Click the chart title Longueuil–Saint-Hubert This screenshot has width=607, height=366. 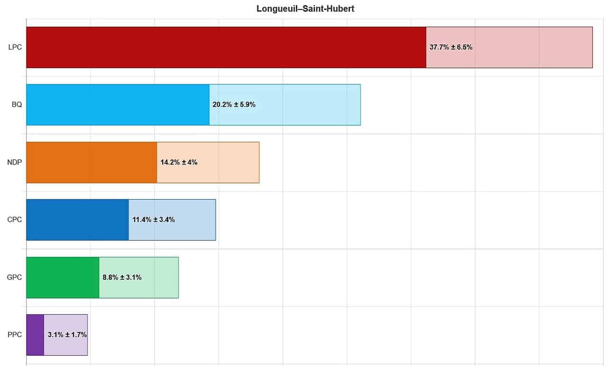click(x=305, y=9)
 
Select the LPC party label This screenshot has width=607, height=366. click(x=15, y=47)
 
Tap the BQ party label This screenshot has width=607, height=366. click(x=17, y=105)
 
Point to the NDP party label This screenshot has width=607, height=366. click(x=15, y=162)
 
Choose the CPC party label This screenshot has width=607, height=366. click(x=15, y=220)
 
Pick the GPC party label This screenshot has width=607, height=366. click(x=15, y=277)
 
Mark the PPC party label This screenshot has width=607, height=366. click(x=15, y=335)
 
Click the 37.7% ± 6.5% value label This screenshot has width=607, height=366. click(x=451, y=47)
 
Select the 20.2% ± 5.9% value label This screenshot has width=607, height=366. click(x=234, y=105)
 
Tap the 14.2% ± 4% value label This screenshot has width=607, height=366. click(x=179, y=162)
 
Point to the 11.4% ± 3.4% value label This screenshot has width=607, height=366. click(x=154, y=220)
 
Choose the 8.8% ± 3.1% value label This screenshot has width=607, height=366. click(x=122, y=277)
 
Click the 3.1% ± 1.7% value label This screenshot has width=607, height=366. click(x=67, y=335)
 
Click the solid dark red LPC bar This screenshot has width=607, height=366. click(x=226, y=47)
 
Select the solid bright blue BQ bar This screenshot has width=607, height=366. click(x=118, y=105)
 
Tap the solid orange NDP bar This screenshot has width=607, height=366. click(x=92, y=162)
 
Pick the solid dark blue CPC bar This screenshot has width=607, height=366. click(x=77, y=220)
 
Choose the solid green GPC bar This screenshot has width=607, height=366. click(x=63, y=277)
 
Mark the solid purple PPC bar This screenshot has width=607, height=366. click(x=35, y=335)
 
